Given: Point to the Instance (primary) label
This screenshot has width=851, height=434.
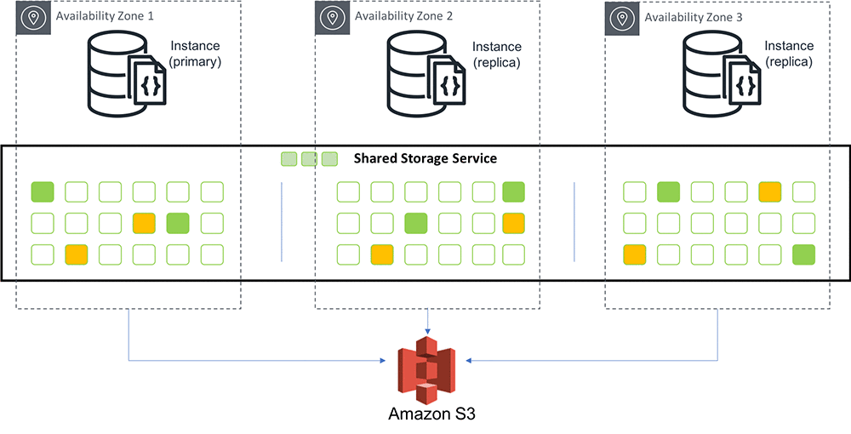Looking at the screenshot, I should [x=195, y=54].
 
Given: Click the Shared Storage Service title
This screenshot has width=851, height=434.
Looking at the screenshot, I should [x=425, y=158].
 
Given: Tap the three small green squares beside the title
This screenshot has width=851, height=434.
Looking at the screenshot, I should [x=310, y=159].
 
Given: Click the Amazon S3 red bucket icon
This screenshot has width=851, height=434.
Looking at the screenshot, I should [x=426, y=368].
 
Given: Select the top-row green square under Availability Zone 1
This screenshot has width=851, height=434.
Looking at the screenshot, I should [x=43, y=192].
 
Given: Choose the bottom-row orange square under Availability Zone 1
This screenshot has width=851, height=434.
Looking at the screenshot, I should [x=77, y=254].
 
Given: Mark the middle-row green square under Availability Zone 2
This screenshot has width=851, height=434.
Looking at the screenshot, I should [x=414, y=224].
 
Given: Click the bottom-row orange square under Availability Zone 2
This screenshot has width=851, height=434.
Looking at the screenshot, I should [x=381, y=254].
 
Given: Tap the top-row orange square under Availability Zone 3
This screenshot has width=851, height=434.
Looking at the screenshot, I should [x=770, y=192].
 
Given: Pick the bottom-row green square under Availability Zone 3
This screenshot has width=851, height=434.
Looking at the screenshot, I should [x=803, y=254].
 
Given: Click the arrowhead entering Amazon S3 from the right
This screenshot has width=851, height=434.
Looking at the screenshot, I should [x=467, y=361].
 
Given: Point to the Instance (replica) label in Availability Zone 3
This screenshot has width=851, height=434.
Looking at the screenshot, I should [x=788, y=54].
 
